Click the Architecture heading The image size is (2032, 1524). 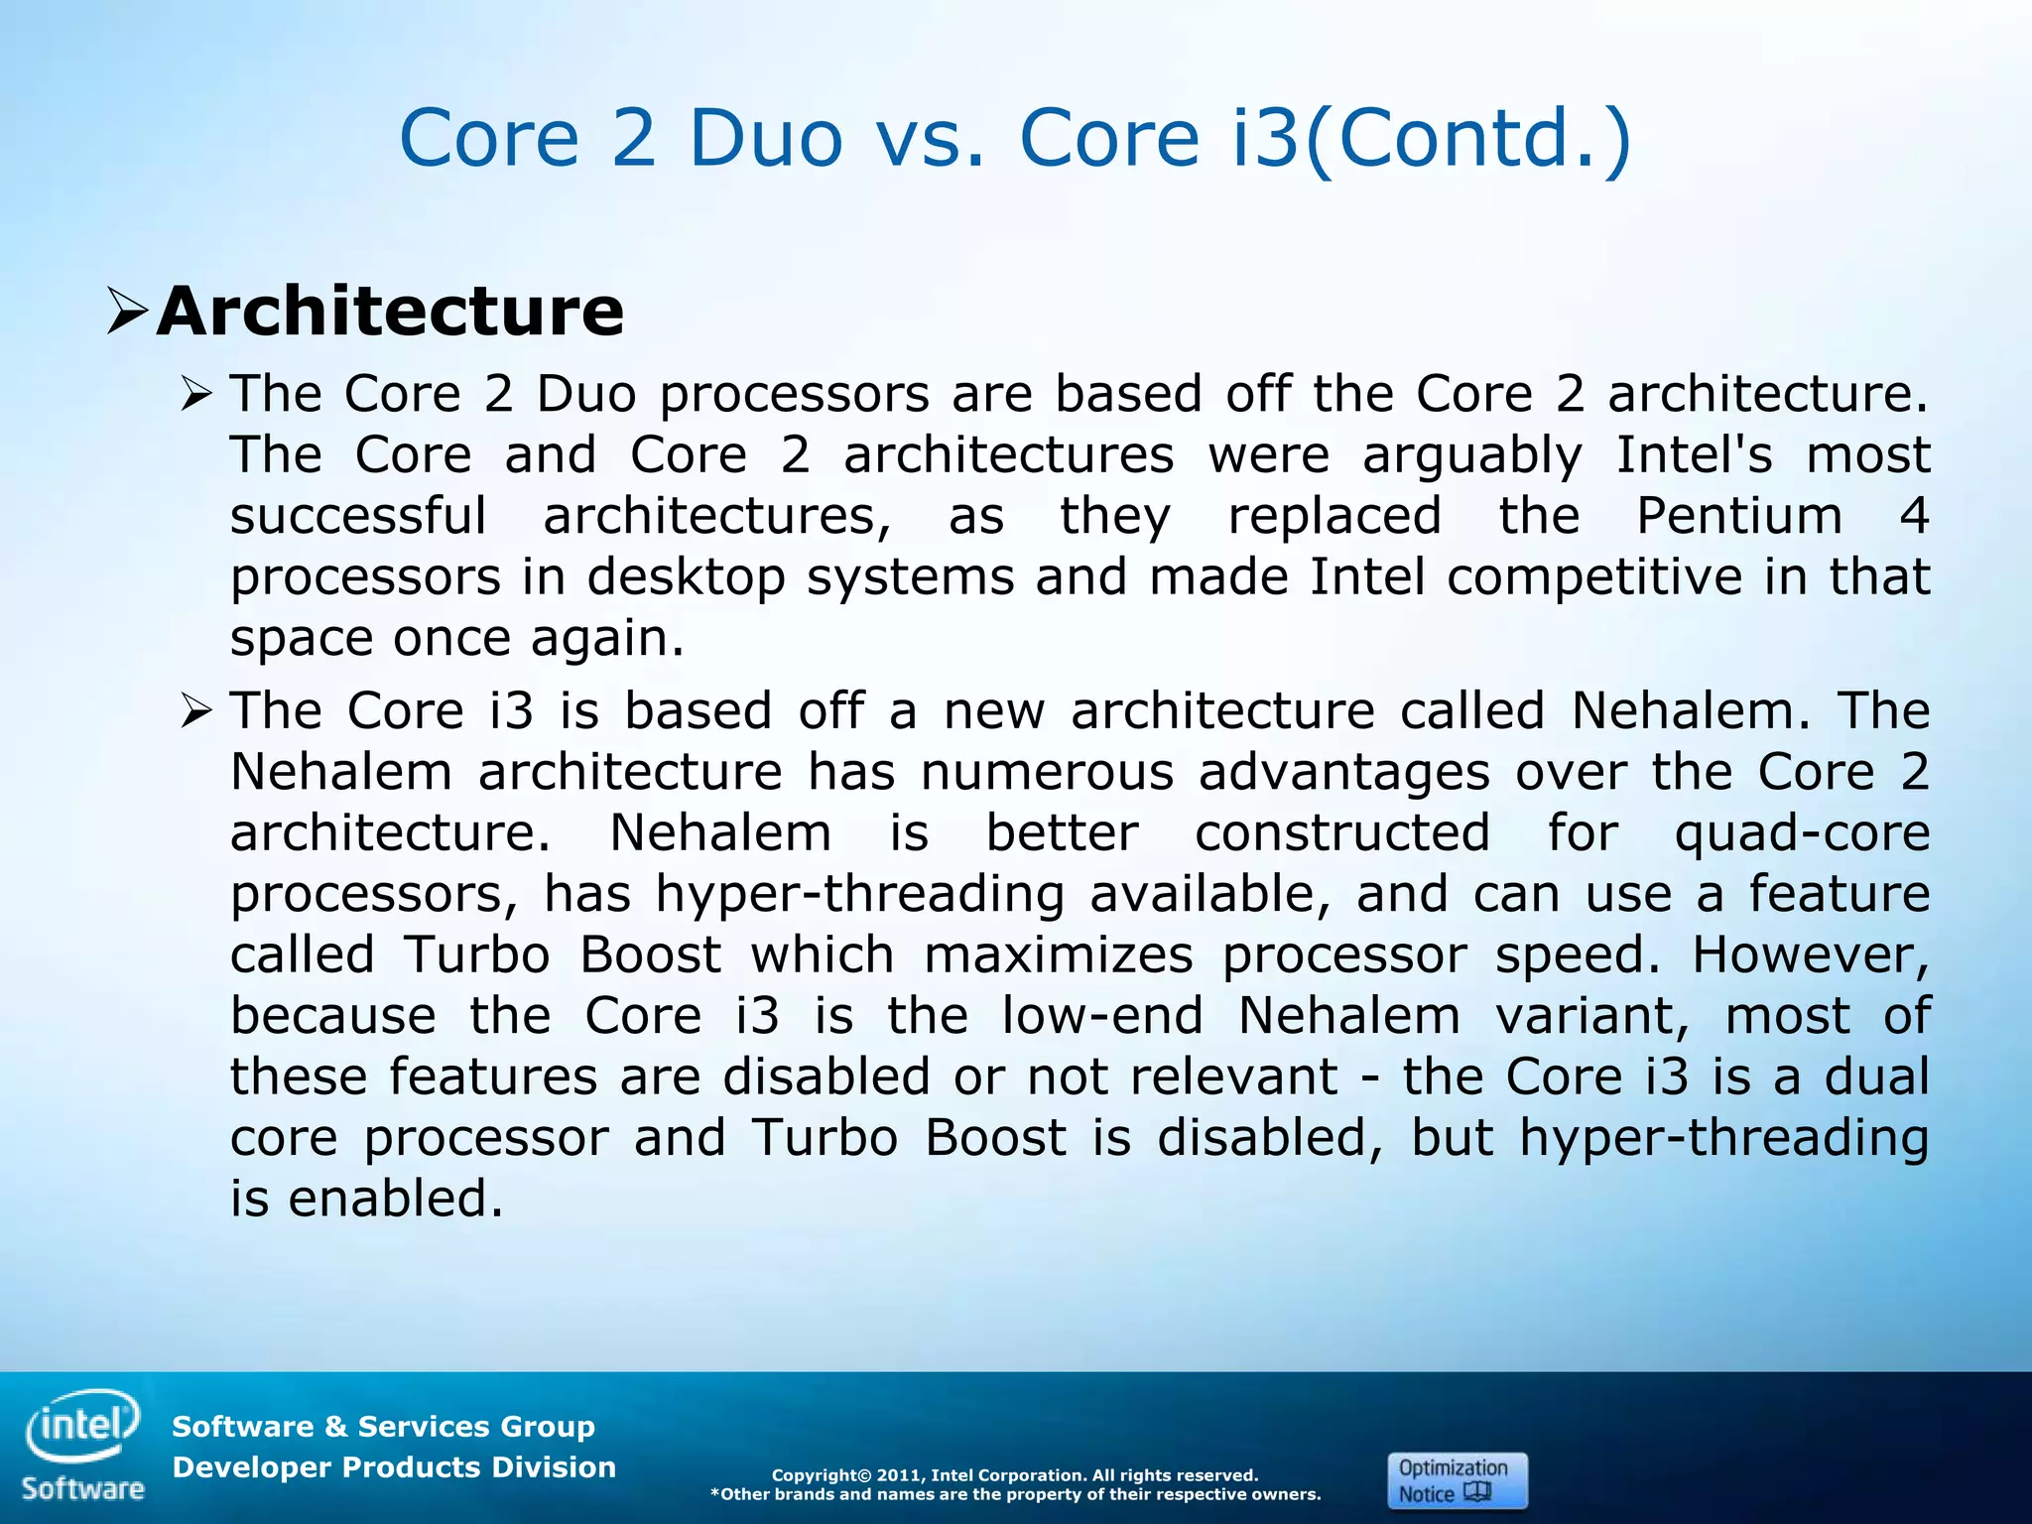coord(390,312)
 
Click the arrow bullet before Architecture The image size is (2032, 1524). coord(128,312)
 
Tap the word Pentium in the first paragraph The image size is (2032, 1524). coord(1738,515)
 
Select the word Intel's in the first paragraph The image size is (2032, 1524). coord(1694,454)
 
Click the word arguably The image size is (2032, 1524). coord(1471,456)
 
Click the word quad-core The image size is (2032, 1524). coord(1802,833)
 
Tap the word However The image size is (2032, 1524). coord(1811,954)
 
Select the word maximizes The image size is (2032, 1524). coord(1058,954)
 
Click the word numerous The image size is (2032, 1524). coord(1047,772)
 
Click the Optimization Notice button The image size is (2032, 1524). coord(1457,1480)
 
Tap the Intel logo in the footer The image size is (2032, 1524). coord(83,1425)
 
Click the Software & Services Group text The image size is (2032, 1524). coord(383,1427)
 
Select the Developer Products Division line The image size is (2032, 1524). coord(394,1467)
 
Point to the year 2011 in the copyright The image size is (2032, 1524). coord(900,1475)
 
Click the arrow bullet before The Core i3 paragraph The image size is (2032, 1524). coord(197,711)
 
